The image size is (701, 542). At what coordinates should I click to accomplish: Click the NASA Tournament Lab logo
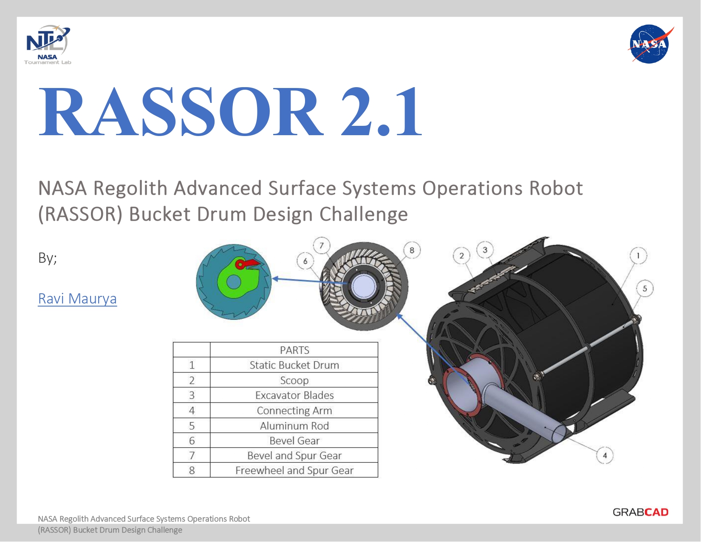(x=48, y=45)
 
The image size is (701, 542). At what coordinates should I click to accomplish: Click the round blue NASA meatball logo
(x=650, y=44)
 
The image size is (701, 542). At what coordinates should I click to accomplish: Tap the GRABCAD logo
(x=640, y=512)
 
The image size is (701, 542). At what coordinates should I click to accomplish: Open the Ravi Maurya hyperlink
(x=77, y=298)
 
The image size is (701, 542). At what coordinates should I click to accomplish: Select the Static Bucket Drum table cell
(x=294, y=365)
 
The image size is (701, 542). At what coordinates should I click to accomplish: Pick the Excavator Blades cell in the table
(x=294, y=395)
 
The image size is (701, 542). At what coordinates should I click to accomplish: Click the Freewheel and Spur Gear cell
(x=294, y=470)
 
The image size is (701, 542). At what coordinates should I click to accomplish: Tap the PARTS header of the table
(x=294, y=350)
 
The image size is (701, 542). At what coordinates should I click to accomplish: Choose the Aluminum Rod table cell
(x=294, y=426)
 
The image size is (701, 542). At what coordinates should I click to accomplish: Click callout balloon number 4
(x=605, y=455)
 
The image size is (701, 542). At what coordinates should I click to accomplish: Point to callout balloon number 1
(x=639, y=255)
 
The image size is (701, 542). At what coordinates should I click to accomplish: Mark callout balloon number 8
(x=412, y=250)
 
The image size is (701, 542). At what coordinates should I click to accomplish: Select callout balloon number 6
(x=305, y=261)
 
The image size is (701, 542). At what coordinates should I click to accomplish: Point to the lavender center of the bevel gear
(x=364, y=287)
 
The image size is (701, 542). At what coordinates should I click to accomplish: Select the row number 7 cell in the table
(x=192, y=455)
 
